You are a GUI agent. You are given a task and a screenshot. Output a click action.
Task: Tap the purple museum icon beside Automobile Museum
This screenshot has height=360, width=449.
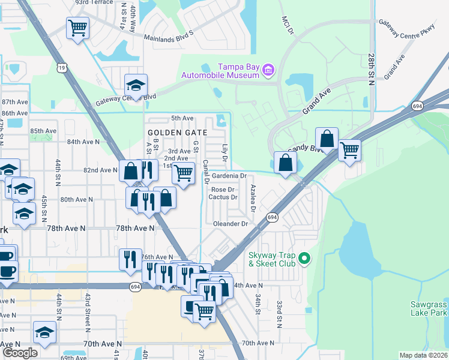(268, 70)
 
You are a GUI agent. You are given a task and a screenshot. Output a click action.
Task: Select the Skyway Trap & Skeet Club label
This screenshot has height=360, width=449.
(274, 259)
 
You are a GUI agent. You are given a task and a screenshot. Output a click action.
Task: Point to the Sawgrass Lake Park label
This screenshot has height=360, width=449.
(429, 308)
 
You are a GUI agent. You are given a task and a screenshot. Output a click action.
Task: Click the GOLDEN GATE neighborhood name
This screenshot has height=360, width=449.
(177, 132)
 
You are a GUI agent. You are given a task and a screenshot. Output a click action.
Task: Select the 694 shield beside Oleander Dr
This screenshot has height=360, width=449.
(273, 217)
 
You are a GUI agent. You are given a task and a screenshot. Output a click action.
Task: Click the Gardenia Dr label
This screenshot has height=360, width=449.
(229, 176)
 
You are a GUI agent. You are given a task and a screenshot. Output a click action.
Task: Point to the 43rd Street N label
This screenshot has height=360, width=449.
(88, 309)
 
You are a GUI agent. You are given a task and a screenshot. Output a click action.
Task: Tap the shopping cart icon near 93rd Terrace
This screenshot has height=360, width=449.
(78, 28)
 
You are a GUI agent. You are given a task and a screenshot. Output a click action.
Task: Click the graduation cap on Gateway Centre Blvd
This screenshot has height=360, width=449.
(136, 85)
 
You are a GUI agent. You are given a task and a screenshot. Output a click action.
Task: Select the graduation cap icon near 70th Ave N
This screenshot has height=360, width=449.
(45, 332)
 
